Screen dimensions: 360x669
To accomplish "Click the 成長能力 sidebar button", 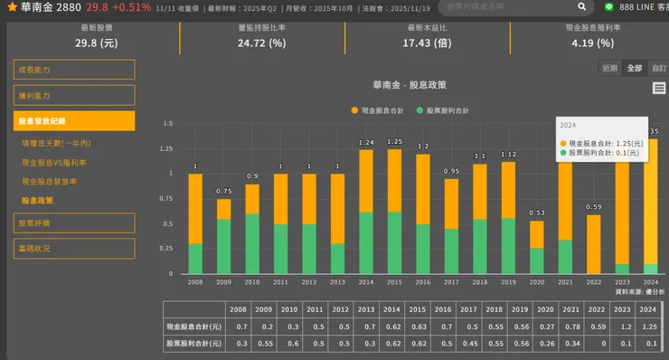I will [x=74, y=70].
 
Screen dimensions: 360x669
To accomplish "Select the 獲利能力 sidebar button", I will [x=74, y=95].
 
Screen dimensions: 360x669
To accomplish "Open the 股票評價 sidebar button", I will [x=74, y=223].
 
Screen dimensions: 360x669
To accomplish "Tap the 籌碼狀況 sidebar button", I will [x=74, y=248].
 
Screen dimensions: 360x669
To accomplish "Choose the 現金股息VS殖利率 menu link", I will [x=54, y=163].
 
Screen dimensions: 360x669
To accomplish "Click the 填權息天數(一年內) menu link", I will [x=56, y=143].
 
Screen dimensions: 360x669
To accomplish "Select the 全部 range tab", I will [x=635, y=68].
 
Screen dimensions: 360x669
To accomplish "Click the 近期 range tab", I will [x=610, y=68].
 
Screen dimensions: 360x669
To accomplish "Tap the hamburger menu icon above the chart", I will [x=659, y=88].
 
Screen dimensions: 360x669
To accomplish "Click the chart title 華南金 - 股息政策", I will [x=409, y=85].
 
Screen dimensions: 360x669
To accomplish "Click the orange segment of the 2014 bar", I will [x=365, y=181].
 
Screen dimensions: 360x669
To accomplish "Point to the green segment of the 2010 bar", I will [x=252, y=243].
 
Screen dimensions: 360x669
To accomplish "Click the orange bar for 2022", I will [x=593, y=244].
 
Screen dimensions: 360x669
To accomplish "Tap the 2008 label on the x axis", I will [x=195, y=282].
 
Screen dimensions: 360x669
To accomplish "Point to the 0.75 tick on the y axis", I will [x=166, y=198].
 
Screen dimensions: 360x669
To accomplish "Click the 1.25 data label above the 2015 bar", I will [x=394, y=142].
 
